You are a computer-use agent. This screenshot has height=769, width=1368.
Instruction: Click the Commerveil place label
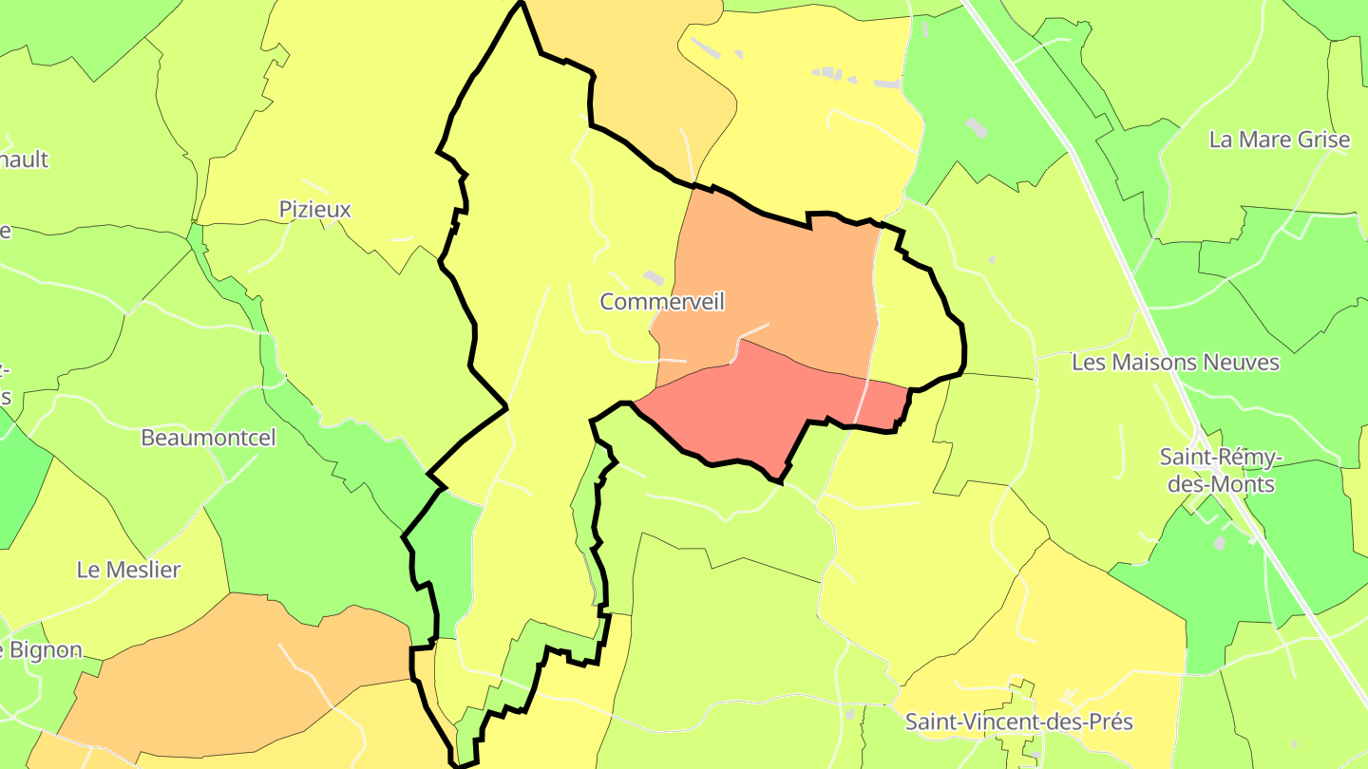point(662,302)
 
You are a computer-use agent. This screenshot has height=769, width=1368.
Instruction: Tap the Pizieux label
point(315,209)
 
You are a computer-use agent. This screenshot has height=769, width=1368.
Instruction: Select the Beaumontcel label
point(208,438)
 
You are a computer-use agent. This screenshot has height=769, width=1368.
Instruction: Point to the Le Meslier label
point(128,570)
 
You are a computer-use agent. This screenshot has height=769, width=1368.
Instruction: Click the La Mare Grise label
point(1279,140)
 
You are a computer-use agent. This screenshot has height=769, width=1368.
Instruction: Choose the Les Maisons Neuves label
point(1175,362)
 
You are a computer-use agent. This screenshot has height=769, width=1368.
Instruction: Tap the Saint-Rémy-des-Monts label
point(1221,471)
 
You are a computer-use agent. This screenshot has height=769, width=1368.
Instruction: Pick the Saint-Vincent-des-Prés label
point(1018,722)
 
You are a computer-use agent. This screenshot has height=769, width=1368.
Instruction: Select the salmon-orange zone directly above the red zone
point(769,285)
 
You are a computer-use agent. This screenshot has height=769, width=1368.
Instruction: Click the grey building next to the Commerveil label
point(653,276)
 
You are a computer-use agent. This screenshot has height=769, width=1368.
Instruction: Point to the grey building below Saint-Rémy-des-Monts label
point(1219,542)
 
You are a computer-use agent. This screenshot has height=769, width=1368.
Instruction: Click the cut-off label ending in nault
point(23,159)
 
